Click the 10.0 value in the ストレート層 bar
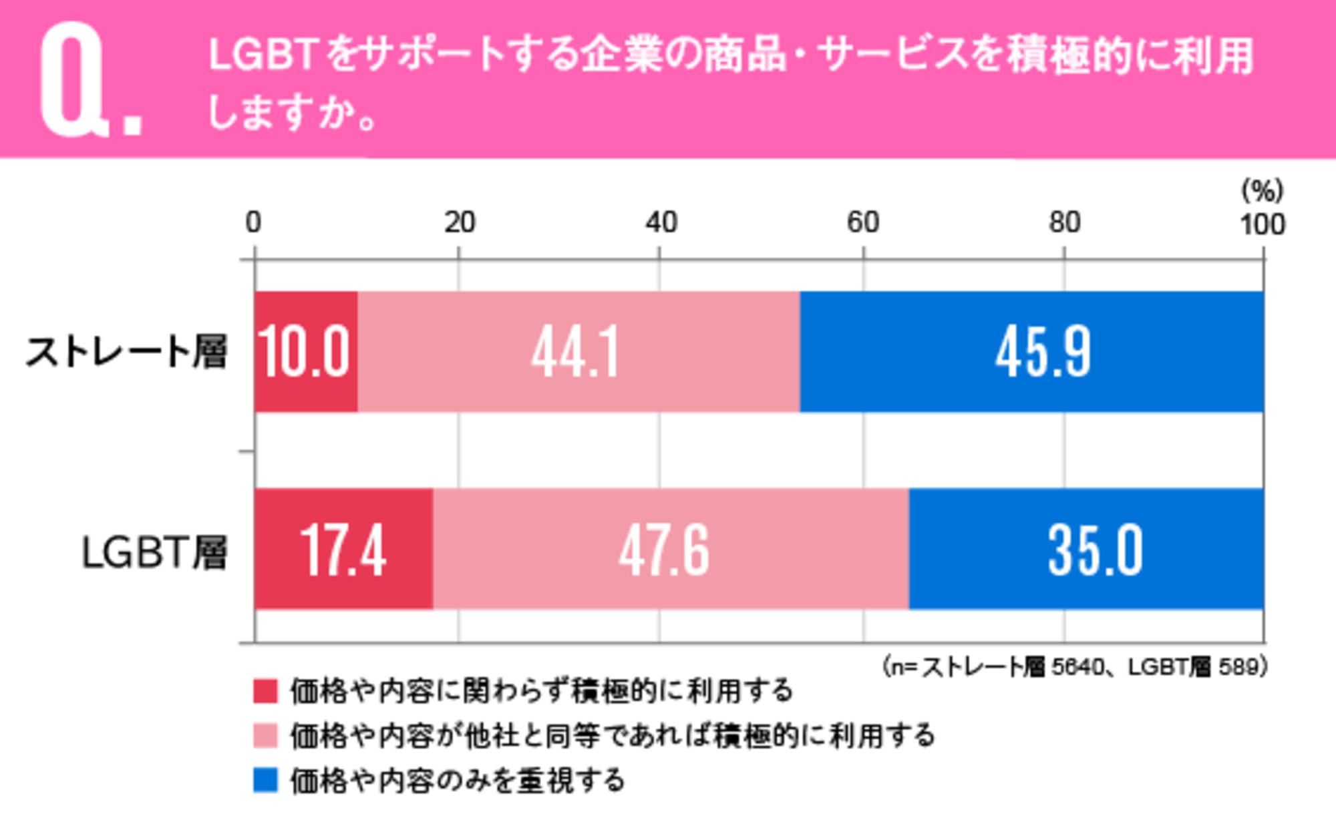pos(305,352)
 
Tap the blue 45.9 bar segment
pos(1042,352)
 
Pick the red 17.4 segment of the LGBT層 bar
pos(343,549)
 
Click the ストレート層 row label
pos(127,352)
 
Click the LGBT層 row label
pos(154,552)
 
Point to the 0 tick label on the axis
pos(253,222)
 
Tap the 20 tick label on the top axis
pos(460,222)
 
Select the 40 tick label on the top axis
pos(661,222)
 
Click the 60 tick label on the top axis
pos(862,222)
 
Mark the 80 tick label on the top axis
pos(1064,222)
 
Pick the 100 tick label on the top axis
pos(1263,225)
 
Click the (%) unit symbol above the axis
pos(1262,192)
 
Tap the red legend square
pos(265,690)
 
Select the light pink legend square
pos(265,736)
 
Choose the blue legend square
pos(265,780)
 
